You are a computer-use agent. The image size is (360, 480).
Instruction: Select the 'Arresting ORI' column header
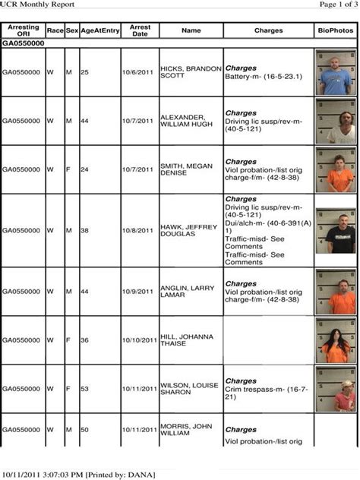[x=23, y=30]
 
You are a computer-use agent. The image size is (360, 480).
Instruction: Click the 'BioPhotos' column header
[x=335, y=30]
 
